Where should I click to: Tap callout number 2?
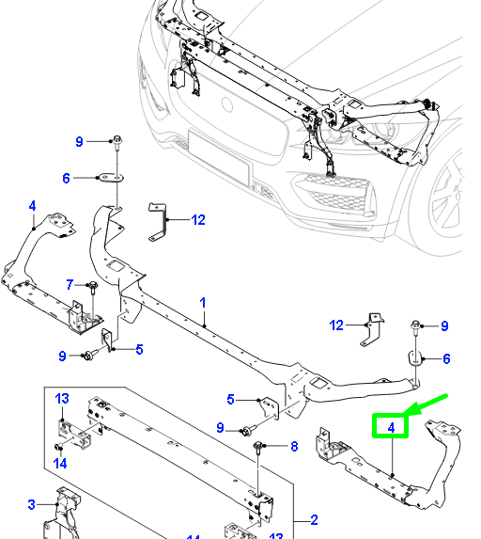coord(314,519)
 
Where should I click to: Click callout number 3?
coord(31,505)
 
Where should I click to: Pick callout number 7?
coord(70,284)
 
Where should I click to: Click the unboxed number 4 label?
coord(32,205)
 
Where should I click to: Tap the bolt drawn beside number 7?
coord(94,286)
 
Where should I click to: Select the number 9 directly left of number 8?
coord(221,428)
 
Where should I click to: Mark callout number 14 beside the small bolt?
coord(59,462)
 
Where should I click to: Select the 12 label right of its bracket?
coord(197,220)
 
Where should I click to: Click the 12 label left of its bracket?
coord(337,325)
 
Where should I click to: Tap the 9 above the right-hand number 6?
coord(444,326)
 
